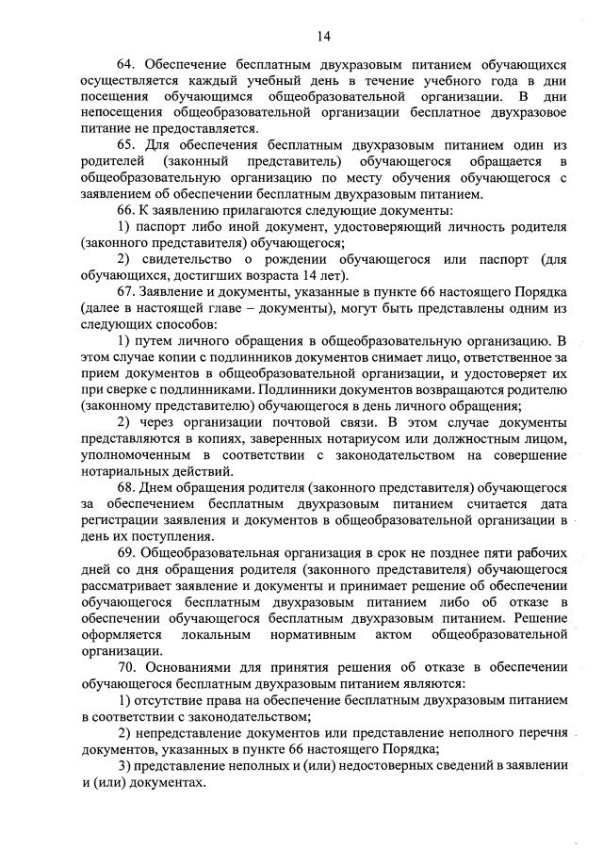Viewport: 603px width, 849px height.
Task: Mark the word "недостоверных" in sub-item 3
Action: pos(340,764)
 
